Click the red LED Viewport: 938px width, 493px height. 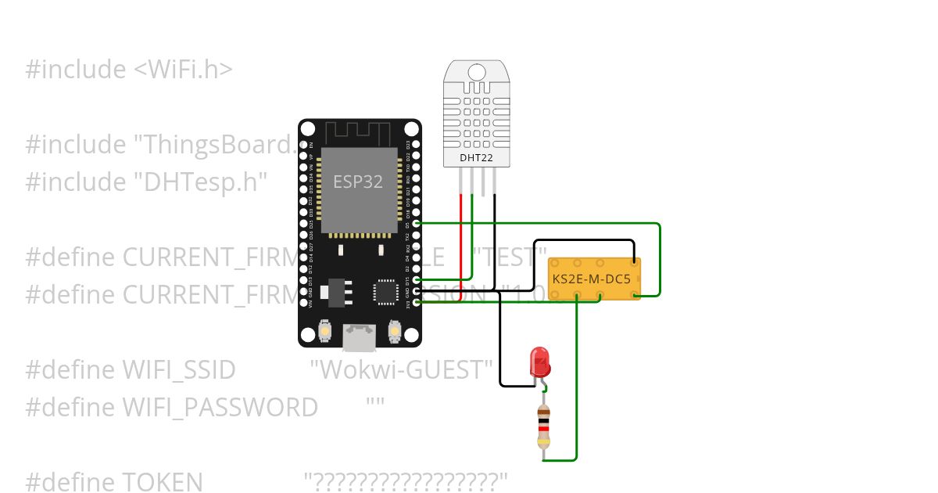click(540, 362)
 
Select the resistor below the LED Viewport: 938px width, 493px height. click(544, 426)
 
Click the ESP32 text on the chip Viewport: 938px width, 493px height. click(358, 182)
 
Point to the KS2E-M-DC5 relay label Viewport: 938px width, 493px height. click(592, 279)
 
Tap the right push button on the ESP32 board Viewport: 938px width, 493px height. click(395, 333)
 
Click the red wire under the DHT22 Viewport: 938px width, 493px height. click(460, 235)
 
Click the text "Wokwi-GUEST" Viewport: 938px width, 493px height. click(402, 369)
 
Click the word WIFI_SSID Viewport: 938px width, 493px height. click(179, 369)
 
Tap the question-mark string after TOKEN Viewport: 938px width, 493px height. click(406, 482)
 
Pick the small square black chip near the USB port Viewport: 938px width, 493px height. click(386, 291)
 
